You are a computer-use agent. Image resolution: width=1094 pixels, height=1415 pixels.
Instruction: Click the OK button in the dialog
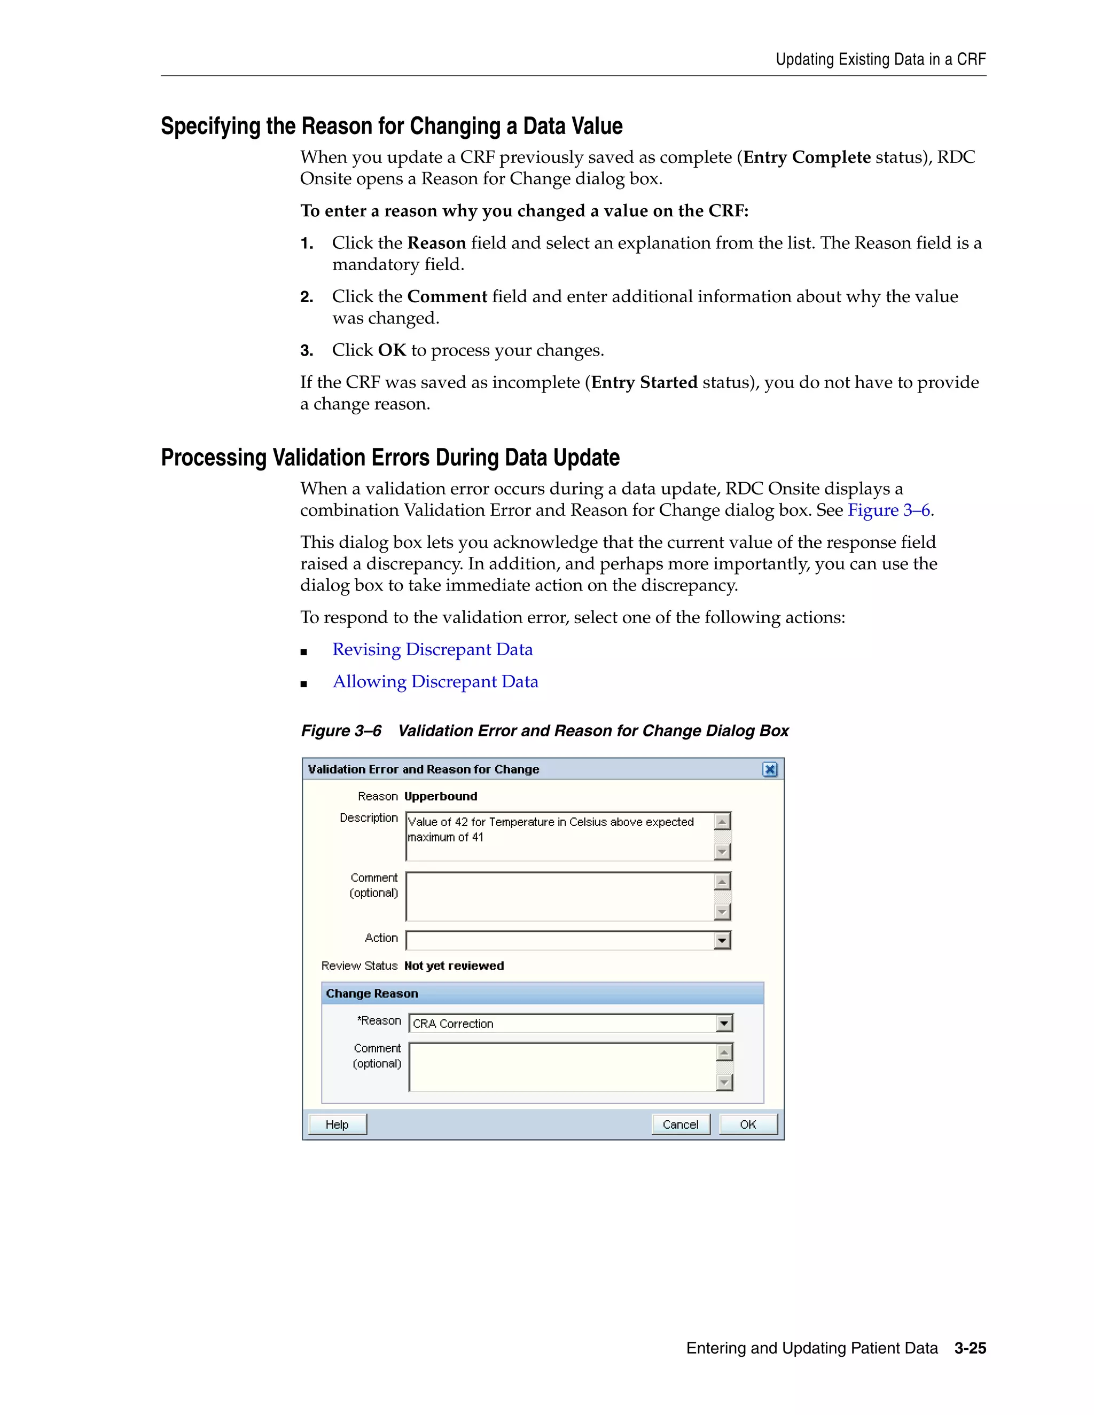click(748, 1124)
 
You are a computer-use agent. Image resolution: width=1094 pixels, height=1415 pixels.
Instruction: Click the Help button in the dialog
click(337, 1124)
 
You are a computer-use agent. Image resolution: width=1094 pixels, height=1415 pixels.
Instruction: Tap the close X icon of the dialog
click(769, 769)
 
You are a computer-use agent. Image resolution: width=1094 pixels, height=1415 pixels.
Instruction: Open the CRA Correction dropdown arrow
click(724, 1023)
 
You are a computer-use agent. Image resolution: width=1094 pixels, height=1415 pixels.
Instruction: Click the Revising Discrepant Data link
click(432, 649)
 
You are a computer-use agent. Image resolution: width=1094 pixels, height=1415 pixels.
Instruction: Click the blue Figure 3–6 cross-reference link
click(888, 510)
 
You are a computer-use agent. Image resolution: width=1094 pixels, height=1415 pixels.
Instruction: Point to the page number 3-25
click(970, 1348)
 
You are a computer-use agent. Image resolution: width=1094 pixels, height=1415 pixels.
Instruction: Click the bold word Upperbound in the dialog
click(440, 796)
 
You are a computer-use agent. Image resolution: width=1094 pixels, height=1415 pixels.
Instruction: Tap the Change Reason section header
click(372, 993)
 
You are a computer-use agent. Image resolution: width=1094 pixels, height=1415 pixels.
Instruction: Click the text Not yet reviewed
click(454, 965)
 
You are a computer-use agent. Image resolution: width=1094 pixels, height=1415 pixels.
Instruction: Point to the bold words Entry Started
click(644, 382)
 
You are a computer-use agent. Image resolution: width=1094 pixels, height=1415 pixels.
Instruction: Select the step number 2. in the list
click(307, 297)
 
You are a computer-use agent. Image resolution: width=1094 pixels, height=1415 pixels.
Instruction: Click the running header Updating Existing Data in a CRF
click(880, 60)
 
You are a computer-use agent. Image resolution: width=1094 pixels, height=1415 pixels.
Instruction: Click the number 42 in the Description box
click(461, 822)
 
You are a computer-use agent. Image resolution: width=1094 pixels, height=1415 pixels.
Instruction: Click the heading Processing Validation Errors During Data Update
click(390, 458)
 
